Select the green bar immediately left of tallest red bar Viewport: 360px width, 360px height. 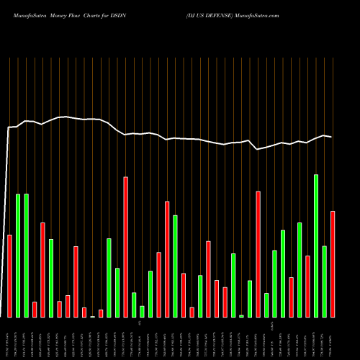[x=117, y=292]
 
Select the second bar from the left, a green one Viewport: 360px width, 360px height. [x=18, y=256]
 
